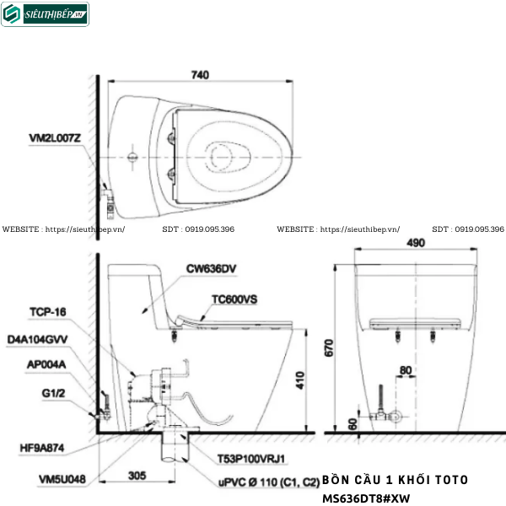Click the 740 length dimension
200,75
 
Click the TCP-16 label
47,311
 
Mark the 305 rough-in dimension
140,474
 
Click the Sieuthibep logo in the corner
46,14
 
